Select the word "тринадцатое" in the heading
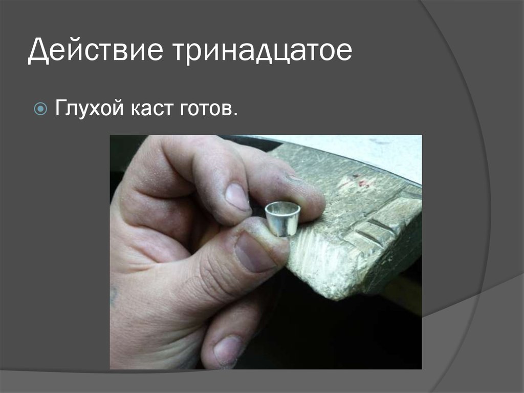pyautogui.click(x=261, y=53)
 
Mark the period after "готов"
pyautogui.click(x=235, y=114)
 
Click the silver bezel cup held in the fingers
pyautogui.click(x=282, y=219)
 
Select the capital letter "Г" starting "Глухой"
pyautogui.click(x=61, y=109)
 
